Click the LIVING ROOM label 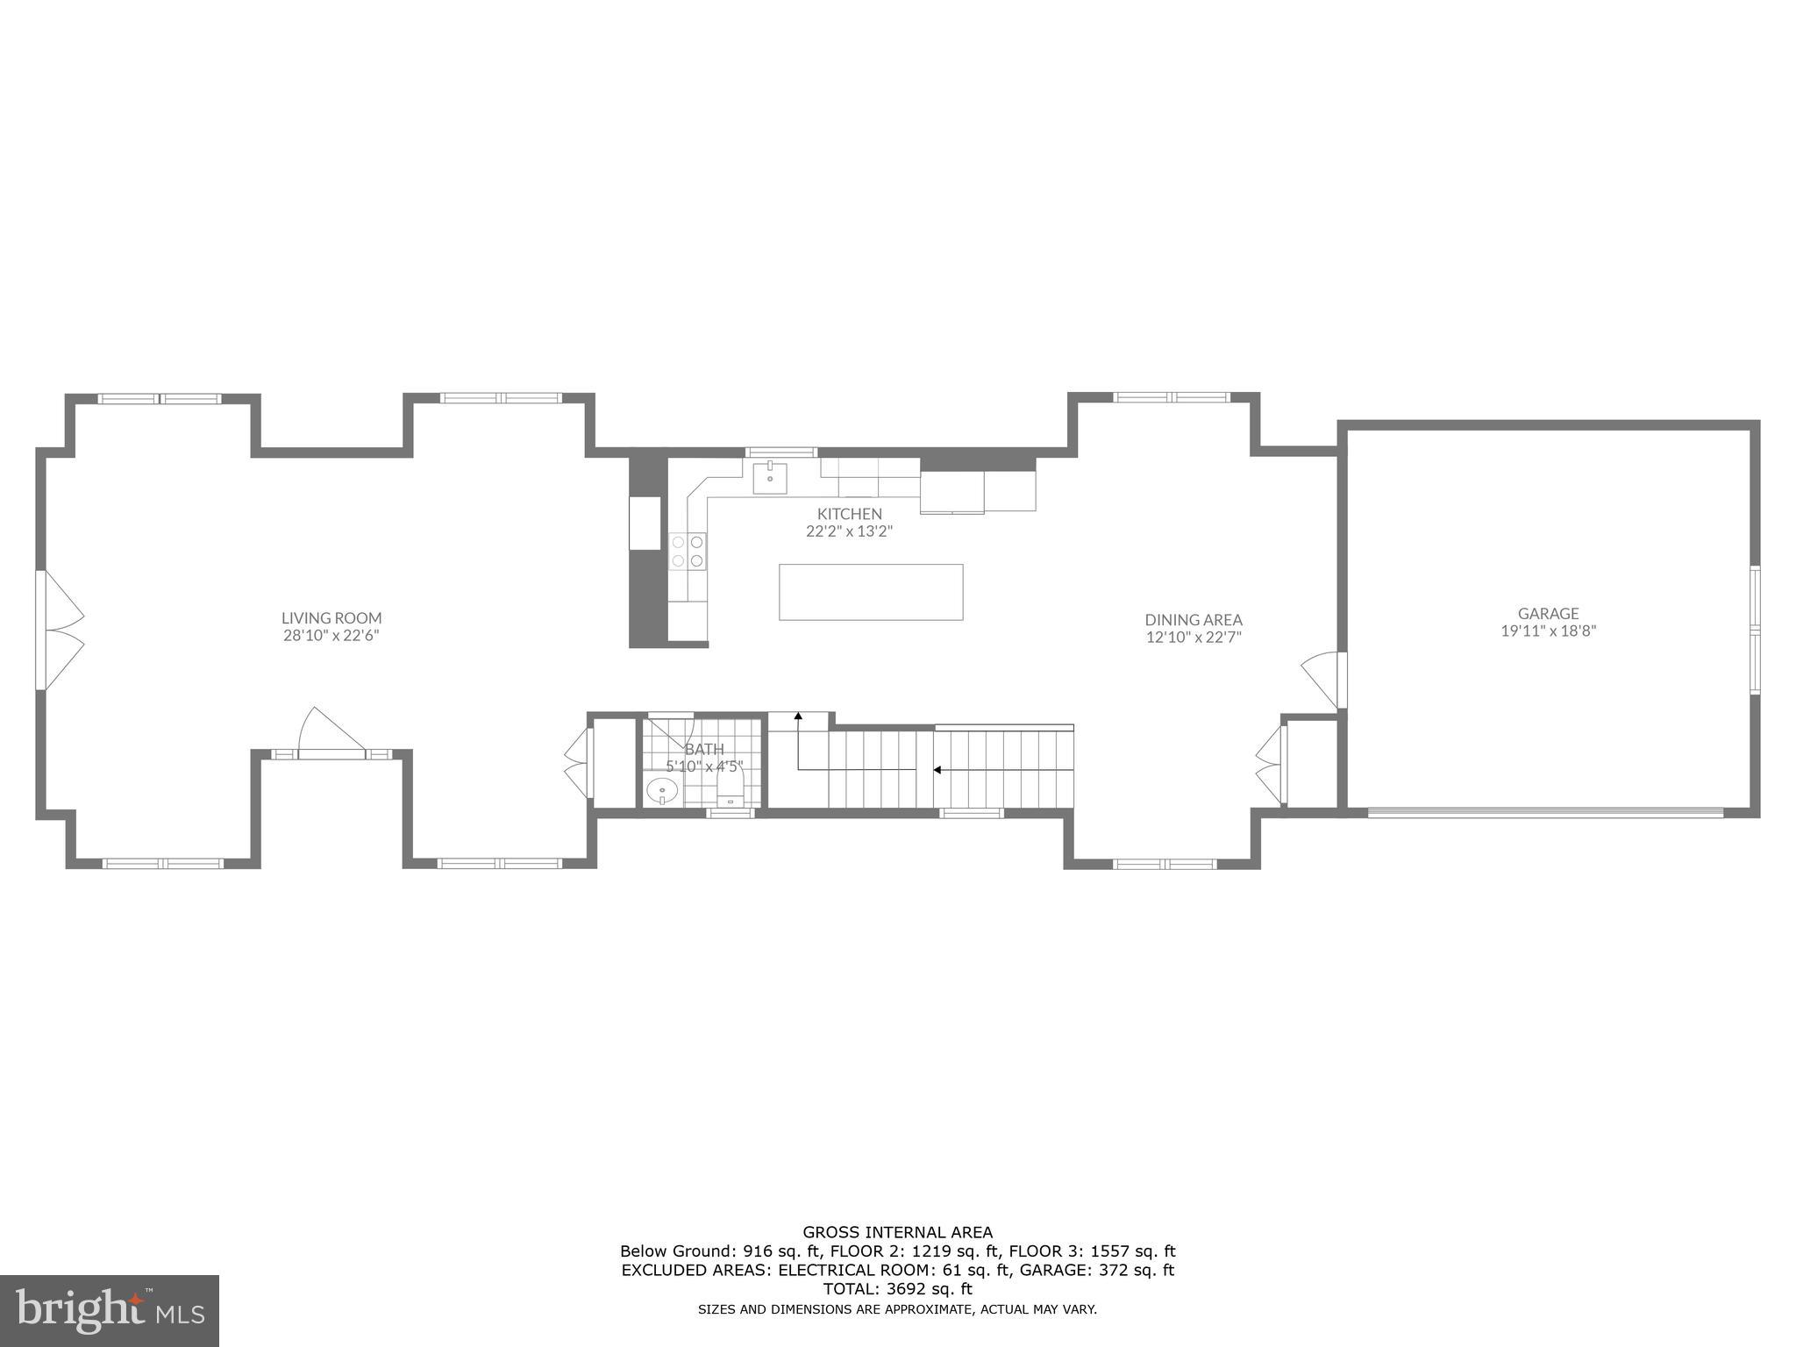[x=331, y=617]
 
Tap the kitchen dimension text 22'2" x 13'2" [x=848, y=531]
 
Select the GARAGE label [x=1548, y=613]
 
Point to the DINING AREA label [x=1193, y=619]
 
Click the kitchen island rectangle [x=870, y=592]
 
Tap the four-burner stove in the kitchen [x=687, y=551]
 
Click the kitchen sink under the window [x=769, y=478]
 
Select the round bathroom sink [x=661, y=792]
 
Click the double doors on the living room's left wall [x=60, y=630]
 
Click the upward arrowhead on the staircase [x=798, y=716]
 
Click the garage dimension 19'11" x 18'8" [x=1548, y=630]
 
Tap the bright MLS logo [x=109, y=1310]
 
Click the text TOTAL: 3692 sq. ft [x=897, y=1288]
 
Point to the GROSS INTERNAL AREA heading [x=897, y=1232]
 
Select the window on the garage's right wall [x=1755, y=630]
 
